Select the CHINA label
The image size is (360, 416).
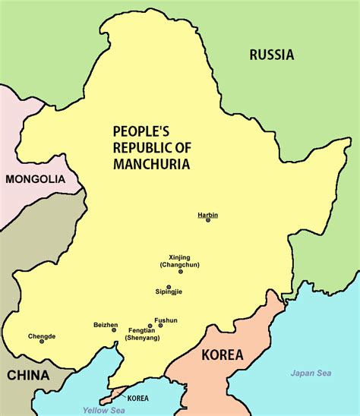[28, 375]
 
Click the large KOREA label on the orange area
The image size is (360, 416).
[222, 355]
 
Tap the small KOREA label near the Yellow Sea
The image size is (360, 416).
[137, 398]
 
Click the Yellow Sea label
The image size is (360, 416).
[104, 410]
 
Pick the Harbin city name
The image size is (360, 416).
[207, 214]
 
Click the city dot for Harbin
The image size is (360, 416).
[208, 220]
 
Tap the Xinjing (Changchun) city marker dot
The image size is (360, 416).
[181, 271]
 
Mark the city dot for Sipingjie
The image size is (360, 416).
[169, 286]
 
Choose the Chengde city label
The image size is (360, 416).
[42, 335]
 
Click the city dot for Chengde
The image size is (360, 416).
[42, 342]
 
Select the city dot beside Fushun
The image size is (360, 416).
[160, 326]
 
